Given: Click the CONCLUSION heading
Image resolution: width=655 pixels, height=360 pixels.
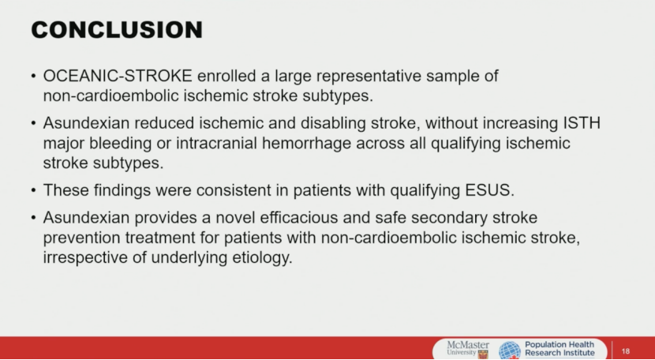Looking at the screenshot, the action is (x=117, y=30).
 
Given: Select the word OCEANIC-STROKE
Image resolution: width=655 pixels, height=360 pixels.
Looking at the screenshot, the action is (x=118, y=76).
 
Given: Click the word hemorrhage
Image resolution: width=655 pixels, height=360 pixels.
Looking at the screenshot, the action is (x=307, y=144).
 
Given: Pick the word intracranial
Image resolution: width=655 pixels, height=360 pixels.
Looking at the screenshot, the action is (x=217, y=143).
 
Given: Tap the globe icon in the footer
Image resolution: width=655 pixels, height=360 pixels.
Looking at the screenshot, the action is (x=510, y=351).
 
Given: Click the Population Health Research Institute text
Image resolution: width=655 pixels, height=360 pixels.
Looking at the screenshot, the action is (x=560, y=349).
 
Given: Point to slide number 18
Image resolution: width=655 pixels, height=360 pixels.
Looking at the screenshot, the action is (x=625, y=351).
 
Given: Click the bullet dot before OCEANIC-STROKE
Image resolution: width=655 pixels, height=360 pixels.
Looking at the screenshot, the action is (x=33, y=77).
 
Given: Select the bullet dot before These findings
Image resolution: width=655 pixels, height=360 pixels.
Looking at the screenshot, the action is (x=33, y=191).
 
